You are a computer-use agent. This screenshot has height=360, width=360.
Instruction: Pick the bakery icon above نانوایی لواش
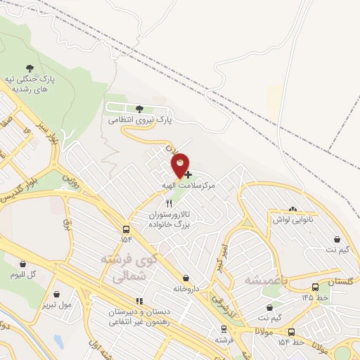pyautogui.click(x=292, y=209)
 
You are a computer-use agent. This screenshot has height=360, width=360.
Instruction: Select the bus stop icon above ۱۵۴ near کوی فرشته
pyautogui.click(x=126, y=229)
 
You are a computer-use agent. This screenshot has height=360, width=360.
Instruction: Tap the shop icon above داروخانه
pyautogui.click(x=186, y=278)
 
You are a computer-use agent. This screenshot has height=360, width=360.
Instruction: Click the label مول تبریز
pyautogui.click(x=56, y=304)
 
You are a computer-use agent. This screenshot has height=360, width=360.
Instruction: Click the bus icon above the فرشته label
pyautogui.click(x=224, y=329)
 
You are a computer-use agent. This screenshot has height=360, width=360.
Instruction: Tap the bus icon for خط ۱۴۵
pyautogui.click(x=315, y=287)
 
